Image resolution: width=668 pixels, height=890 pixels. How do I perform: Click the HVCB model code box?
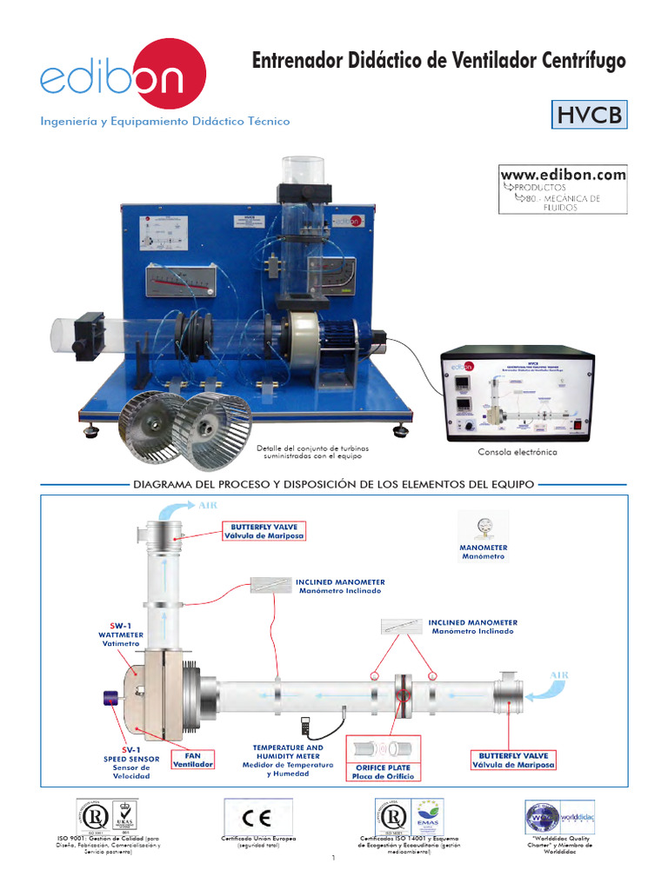590,115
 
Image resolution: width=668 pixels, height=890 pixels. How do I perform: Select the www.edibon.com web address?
563,175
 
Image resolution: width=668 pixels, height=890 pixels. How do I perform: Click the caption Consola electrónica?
518,452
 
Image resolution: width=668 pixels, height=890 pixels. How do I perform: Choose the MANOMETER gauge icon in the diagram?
483,528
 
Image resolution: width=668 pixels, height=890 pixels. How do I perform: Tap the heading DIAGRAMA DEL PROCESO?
334,482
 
